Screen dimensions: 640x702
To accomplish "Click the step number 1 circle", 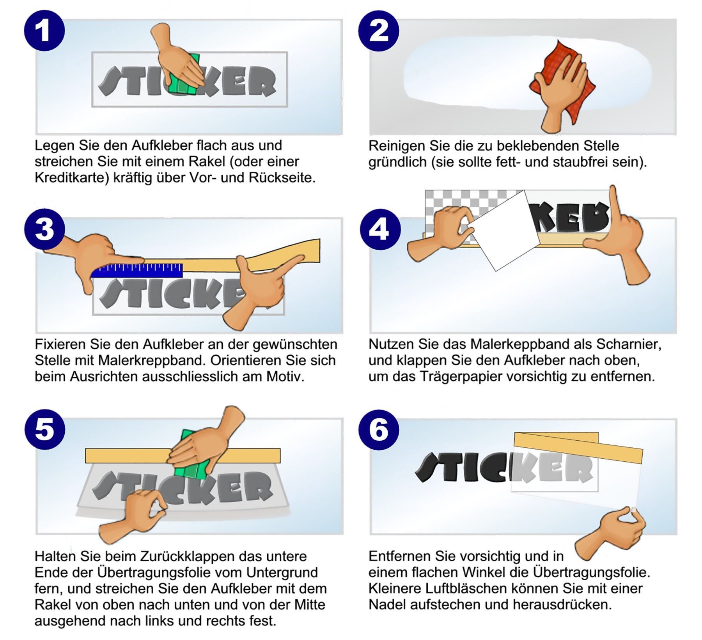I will (x=44, y=30).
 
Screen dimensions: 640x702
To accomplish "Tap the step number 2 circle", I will (x=378, y=31).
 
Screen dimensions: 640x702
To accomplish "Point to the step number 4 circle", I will (x=379, y=229).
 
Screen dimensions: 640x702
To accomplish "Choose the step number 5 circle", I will (x=44, y=430).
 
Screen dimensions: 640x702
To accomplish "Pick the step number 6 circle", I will (x=378, y=430).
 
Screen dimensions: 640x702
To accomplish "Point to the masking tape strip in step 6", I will (x=577, y=449).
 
